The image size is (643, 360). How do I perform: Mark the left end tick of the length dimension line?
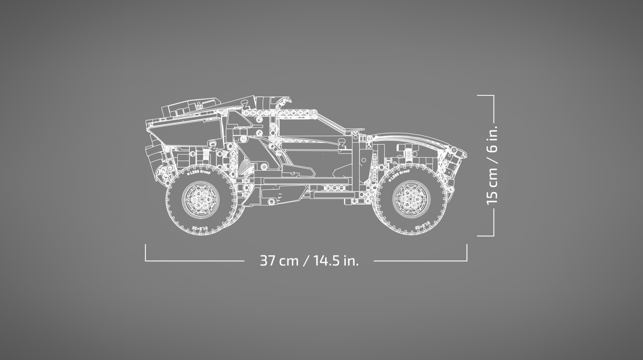(146, 253)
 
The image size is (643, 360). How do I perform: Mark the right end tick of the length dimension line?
(467, 253)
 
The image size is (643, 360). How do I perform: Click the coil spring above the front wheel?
(407, 156)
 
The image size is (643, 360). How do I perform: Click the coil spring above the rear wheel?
(206, 156)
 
